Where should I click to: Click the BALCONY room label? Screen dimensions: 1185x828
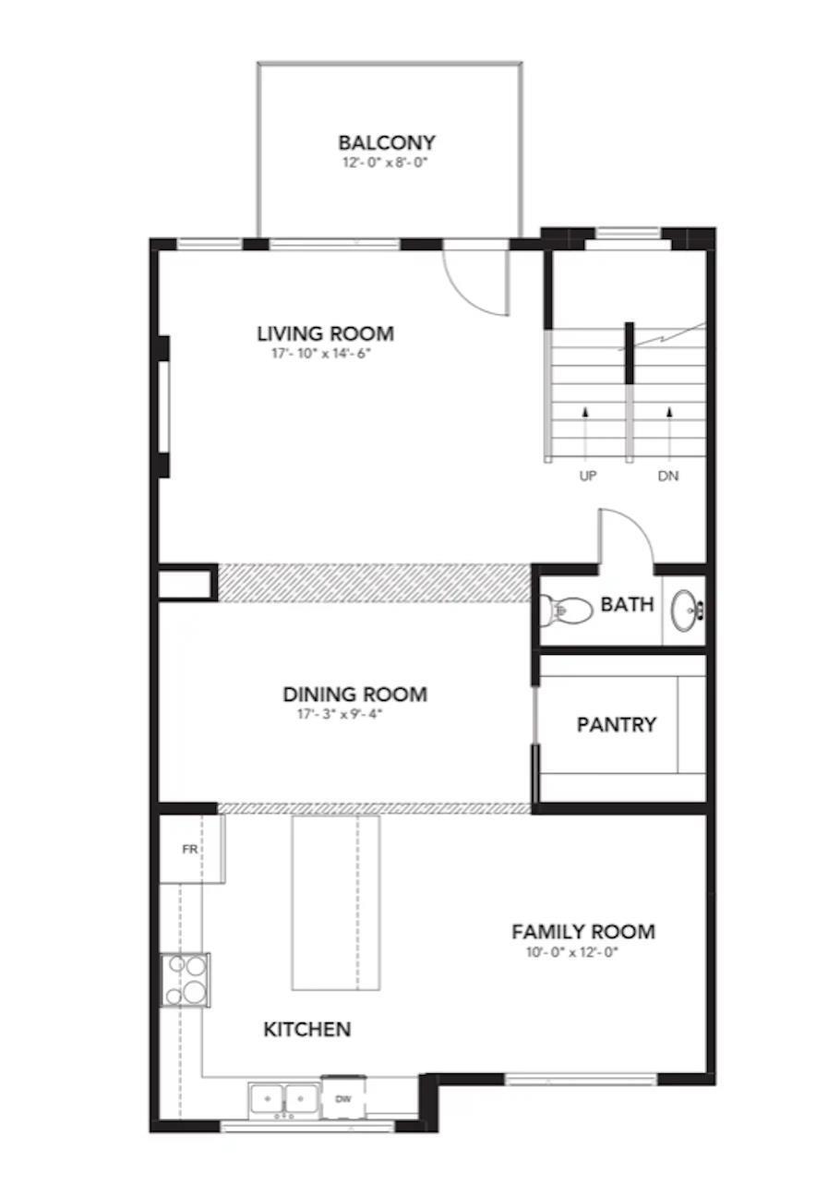(386, 143)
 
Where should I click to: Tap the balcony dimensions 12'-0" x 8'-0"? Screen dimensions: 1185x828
(386, 163)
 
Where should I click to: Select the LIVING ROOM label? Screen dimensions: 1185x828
(325, 333)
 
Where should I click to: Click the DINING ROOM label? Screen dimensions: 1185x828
(354, 695)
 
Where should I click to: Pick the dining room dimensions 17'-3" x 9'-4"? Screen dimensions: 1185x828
(341, 713)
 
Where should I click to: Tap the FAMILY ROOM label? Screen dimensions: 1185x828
(583, 932)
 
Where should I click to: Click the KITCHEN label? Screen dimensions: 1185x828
(307, 1029)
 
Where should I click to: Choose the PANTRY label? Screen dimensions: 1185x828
(617, 725)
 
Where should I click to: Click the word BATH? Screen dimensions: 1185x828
(627, 605)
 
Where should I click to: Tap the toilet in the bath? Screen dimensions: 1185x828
(566, 610)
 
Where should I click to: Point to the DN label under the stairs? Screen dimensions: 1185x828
(669, 477)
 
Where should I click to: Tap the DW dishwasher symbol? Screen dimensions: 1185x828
(343, 1099)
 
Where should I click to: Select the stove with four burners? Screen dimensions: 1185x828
(185, 979)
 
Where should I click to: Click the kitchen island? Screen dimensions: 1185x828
(335, 902)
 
